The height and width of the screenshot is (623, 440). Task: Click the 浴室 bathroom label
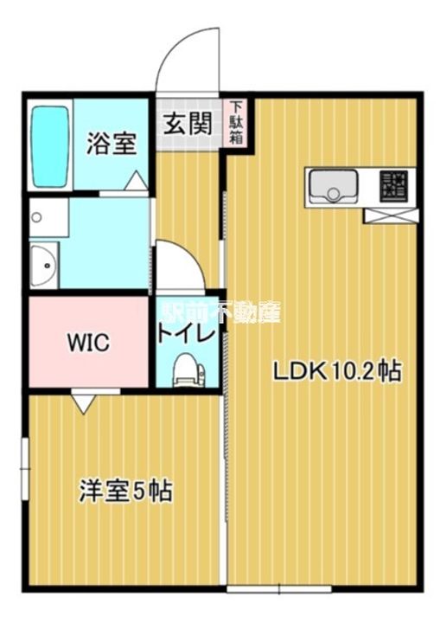[111, 144]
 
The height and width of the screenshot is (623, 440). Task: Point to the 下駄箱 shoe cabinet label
[235, 122]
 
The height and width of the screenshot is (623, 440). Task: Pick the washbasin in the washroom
[42, 264]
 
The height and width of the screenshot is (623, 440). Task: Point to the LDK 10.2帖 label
[336, 372]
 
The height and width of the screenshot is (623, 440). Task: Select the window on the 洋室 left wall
[25, 468]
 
